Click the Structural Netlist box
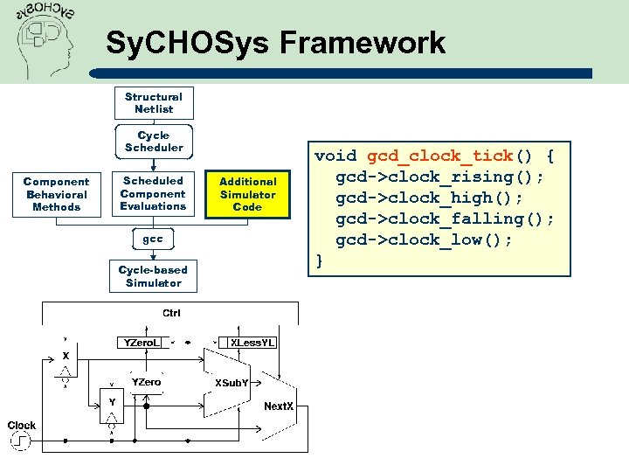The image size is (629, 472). click(x=154, y=103)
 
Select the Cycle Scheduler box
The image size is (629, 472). click(x=154, y=142)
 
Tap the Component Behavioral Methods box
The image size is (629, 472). click(x=56, y=194)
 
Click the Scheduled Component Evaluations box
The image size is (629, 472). click(x=154, y=193)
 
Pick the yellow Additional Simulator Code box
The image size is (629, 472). click(x=248, y=194)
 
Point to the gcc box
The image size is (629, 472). click(x=153, y=239)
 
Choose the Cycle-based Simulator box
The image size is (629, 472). click(x=153, y=276)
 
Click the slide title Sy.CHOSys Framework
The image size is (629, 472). click(x=275, y=43)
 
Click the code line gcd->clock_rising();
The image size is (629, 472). click(x=439, y=177)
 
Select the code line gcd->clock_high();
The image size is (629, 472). click(x=429, y=198)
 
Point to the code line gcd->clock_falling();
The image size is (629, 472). click(x=445, y=219)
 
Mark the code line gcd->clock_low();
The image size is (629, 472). click(x=424, y=239)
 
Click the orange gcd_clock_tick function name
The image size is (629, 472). click(x=439, y=156)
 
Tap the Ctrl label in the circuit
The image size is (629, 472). click(x=172, y=313)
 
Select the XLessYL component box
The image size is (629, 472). click(x=252, y=343)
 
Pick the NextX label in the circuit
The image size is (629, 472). click(x=279, y=406)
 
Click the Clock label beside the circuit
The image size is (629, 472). click(x=22, y=426)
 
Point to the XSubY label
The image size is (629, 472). click(x=232, y=383)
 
